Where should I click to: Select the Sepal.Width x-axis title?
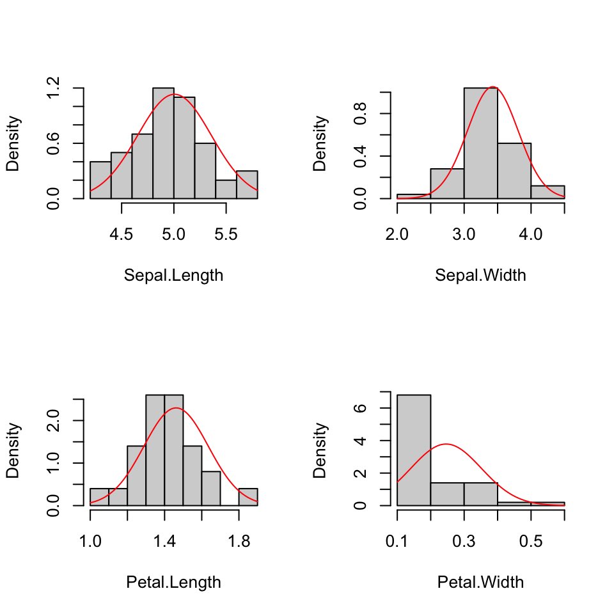click(x=480, y=276)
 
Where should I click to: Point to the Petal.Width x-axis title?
click(x=480, y=583)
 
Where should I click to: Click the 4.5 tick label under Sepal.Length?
click(x=122, y=235)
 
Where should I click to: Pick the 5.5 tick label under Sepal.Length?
click(x=226, y=235)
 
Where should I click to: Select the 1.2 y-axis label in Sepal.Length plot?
click(x=54, y=88)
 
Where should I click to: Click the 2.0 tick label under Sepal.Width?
click(x=397, y=235)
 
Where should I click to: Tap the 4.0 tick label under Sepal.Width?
click(x=531, y=235)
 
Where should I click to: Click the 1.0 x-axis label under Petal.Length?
click(x=90, y=542)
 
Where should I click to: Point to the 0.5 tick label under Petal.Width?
click(x=531, y=542)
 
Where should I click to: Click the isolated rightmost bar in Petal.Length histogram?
click(x=248, y=497)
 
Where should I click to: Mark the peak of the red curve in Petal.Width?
click(x=446, y=444)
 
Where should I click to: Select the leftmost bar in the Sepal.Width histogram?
click(x=414, y=196)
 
